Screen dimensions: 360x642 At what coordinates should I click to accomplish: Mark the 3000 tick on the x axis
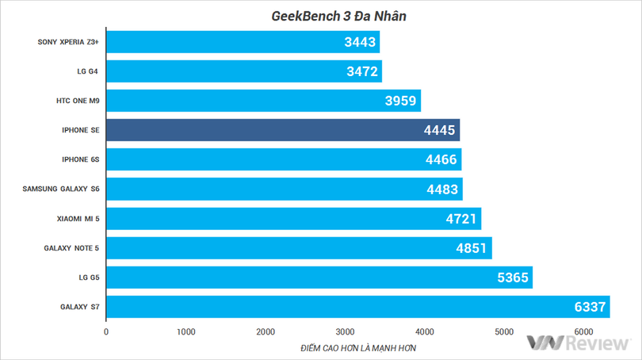point(345,331)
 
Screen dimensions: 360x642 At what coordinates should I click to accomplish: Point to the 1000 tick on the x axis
point(185,331)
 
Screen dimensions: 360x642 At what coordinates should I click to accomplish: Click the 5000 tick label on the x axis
point(504,331)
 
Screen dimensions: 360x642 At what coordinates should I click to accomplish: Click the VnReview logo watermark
point(578,343)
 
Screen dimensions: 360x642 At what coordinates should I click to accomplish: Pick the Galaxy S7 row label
point(79,307)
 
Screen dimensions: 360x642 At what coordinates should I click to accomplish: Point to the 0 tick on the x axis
point(106,331)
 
